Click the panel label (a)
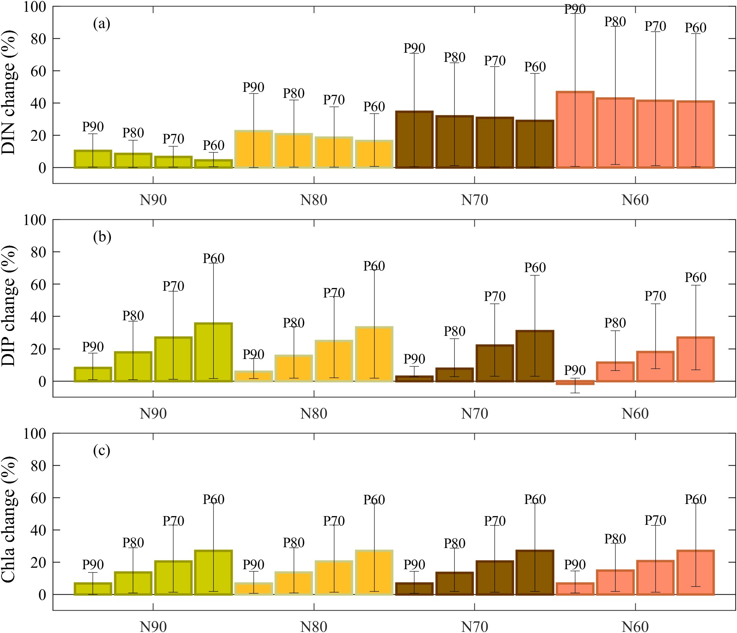pos(102,24)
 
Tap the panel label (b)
pos(102,237)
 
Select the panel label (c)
pos(102,451)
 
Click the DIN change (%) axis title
pos(9,93)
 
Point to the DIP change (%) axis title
pos(9,306)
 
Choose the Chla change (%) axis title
pos(9,519)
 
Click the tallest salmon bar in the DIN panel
pos(575,130)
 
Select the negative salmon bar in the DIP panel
pos(575,383)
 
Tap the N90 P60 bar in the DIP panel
pos(213,352)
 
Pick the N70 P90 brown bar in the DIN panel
pos(414,140)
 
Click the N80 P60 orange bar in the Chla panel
pos(374,572)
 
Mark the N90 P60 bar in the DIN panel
pos(213,164)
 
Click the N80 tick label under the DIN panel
pos(314,200)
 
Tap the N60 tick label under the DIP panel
pos(635,414)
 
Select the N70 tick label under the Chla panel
pos(475,627)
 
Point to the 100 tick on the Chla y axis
pos(35,433)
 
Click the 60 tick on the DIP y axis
pos(39,284)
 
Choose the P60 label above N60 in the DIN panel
pos(696,28)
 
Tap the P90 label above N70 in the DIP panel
pos(414,359)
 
